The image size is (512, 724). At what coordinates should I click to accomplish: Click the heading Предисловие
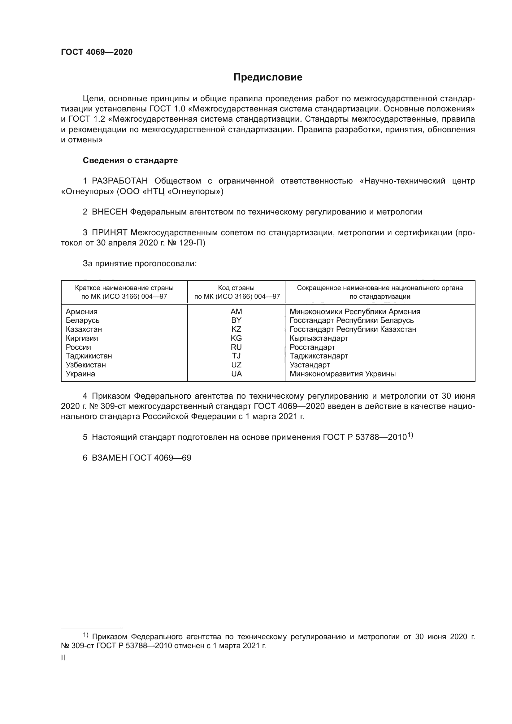click(x=268, y=77)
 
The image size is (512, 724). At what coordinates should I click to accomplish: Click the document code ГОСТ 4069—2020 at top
click(x=97, y=52)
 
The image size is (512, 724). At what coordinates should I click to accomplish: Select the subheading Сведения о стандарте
click(x=130, y=160)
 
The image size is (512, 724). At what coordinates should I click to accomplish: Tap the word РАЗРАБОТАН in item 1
click(x=120, y=181)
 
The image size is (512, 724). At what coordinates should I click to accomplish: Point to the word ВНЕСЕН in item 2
click(x=110, y=212)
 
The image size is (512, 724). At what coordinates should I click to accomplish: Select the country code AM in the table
click(x=236, y=312)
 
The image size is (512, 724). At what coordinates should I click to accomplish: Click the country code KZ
click(x=236, y=329)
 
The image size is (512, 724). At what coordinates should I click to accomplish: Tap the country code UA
click(x=236, y=374)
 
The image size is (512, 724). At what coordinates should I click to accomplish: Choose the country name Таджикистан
click(x=89, y=356)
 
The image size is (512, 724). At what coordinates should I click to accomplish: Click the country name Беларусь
click(x=83, y=320)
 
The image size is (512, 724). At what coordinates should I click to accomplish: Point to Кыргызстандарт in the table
click(x=319, y=338)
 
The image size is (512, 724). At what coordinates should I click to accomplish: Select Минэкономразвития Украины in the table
click(x=342, y=374)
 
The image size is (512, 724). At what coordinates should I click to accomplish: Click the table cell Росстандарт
click(x=312, y=347)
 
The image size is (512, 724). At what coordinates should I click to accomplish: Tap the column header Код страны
click(x=236, y=288)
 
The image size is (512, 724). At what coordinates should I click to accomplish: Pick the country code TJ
click(x=236, y=356)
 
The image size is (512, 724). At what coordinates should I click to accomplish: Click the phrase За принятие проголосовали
click(x=140, y=263)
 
